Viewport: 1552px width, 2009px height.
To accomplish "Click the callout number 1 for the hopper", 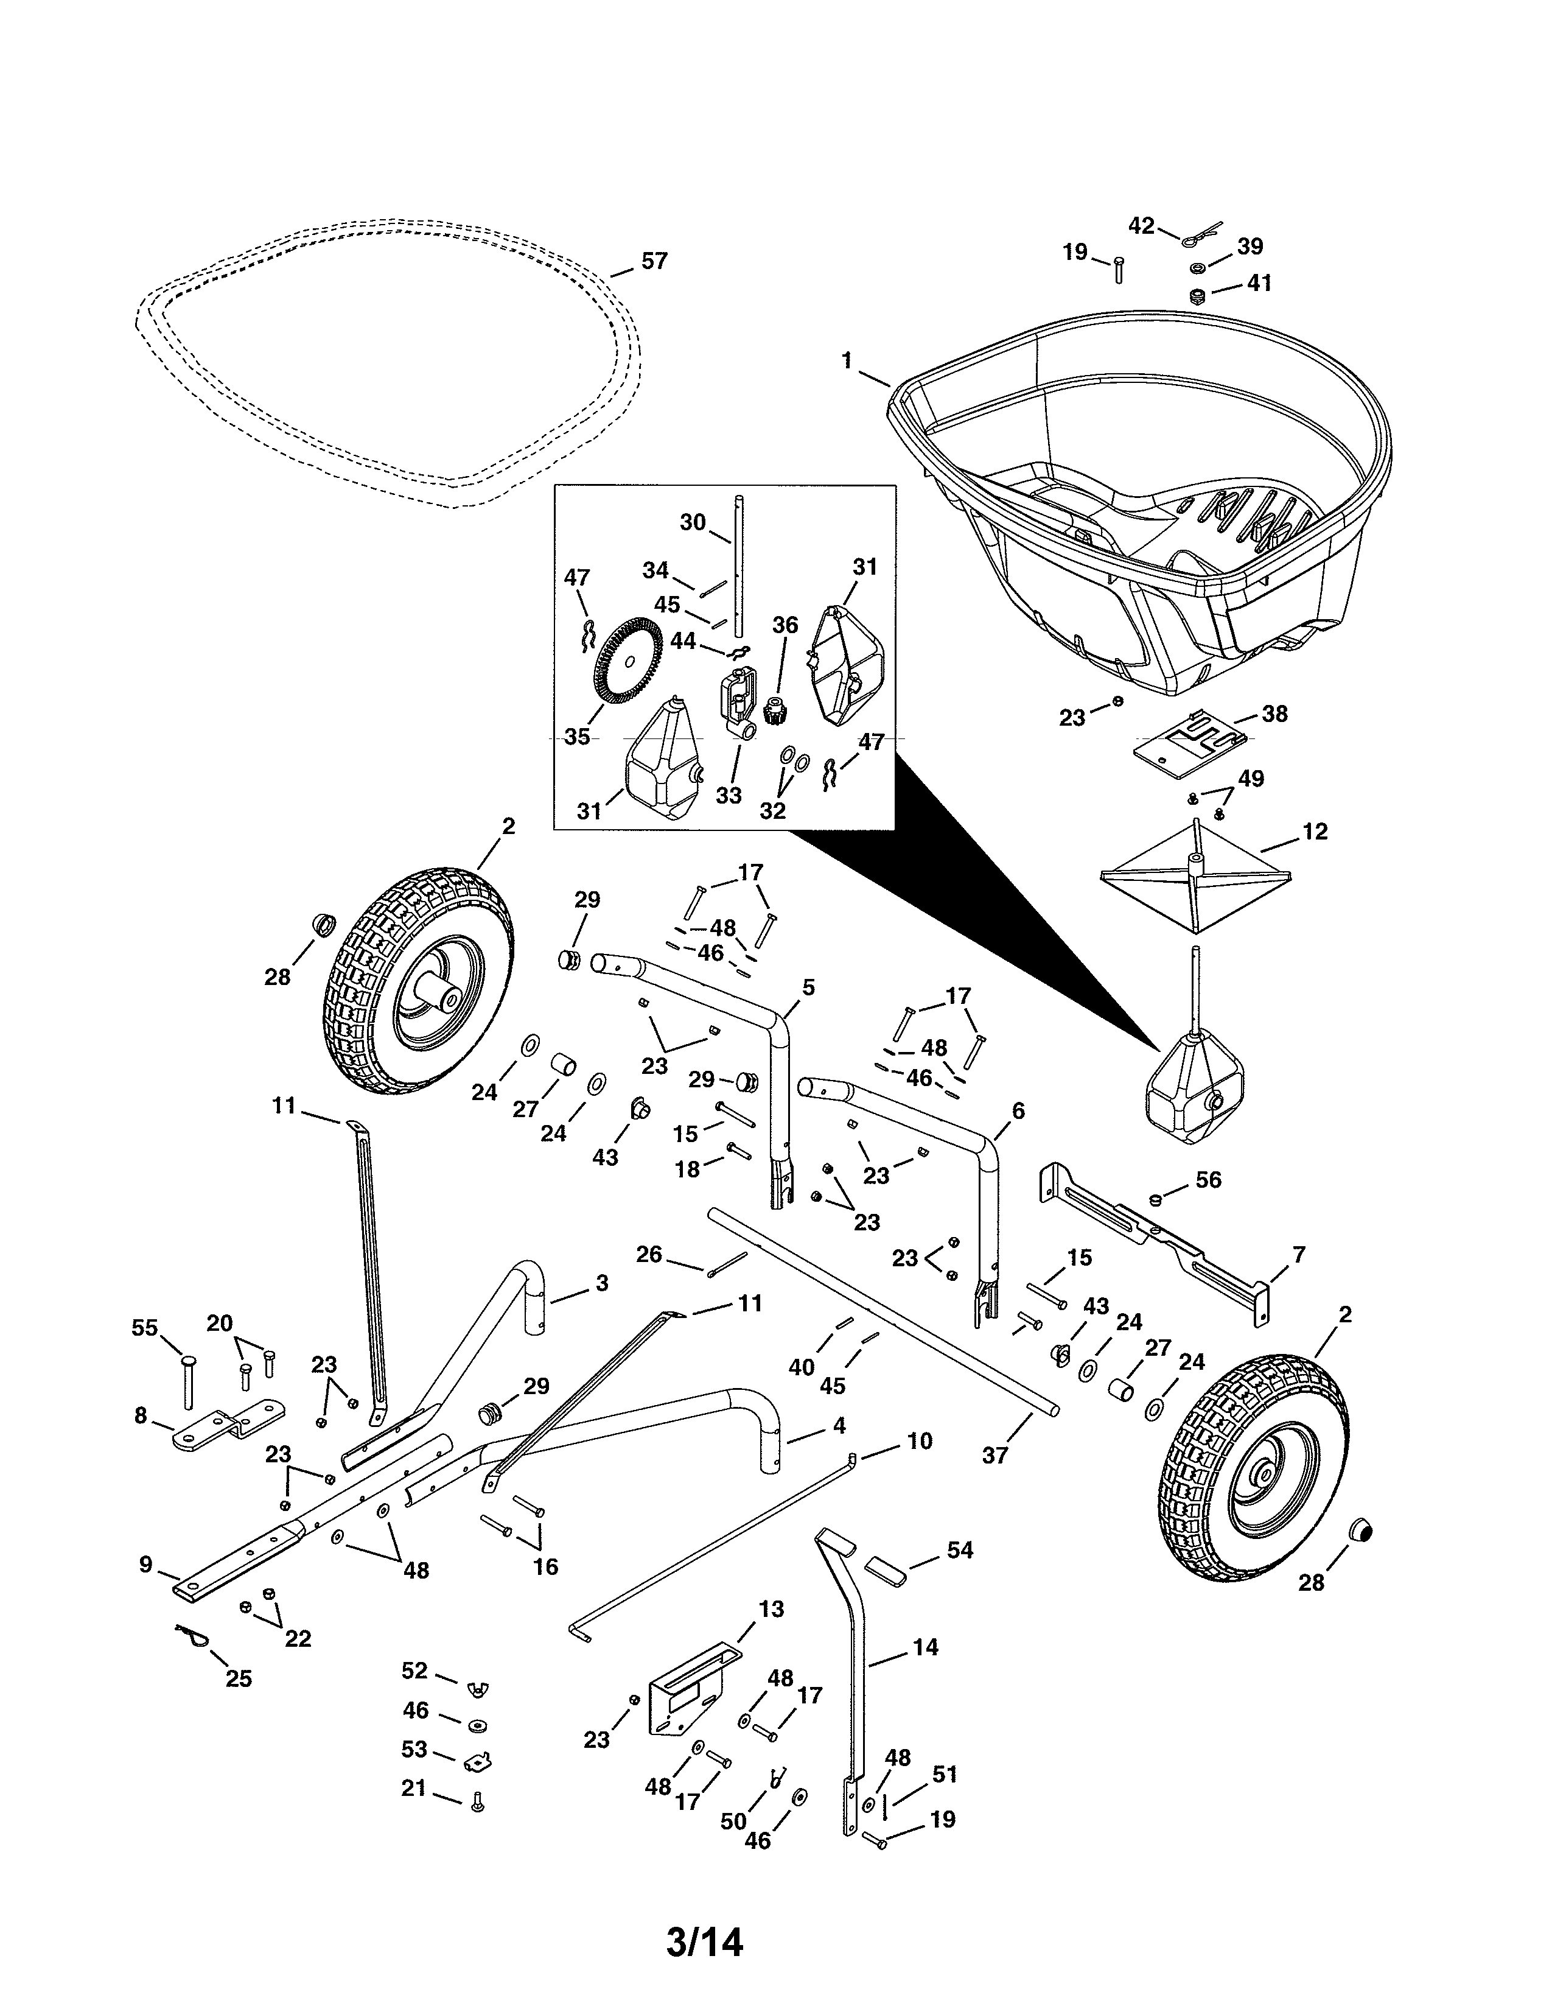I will click(x=847, y=360).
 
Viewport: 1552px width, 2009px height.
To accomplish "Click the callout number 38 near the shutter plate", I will click(x=1274, y=714).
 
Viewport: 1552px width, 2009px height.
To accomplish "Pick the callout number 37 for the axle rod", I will click(x=995, y=1455).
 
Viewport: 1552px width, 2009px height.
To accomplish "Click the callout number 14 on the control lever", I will click(x=926, y=1647).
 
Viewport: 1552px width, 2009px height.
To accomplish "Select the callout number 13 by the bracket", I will click(x=771, y=1609).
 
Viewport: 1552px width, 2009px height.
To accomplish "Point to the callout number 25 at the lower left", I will click(x=238, y=1679).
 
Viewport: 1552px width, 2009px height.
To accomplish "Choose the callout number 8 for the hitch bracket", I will click(x=141, y=1415).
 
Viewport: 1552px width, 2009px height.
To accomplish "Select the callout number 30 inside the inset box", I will click(x=693, y=522).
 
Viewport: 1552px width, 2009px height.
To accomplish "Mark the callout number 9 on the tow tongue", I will click(x=146, y=1565).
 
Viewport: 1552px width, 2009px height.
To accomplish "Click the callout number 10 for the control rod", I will click(x=920, y=1442).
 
